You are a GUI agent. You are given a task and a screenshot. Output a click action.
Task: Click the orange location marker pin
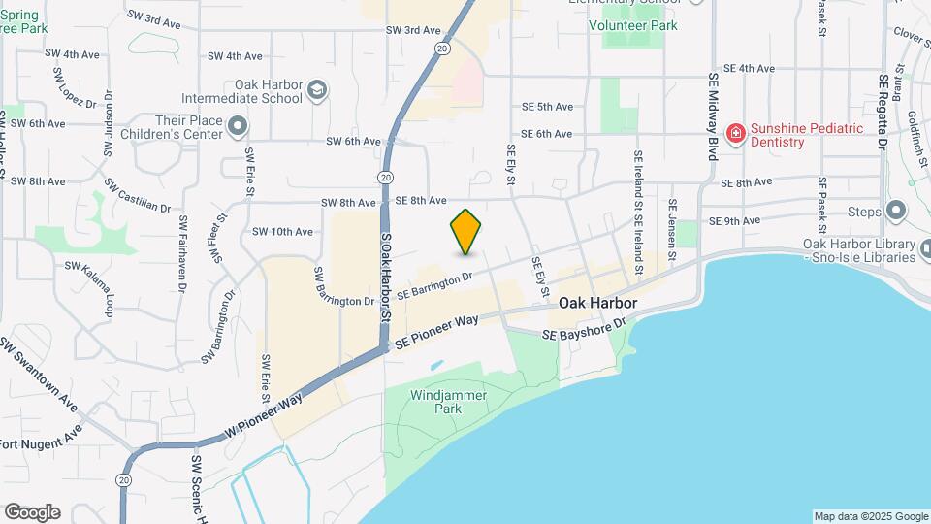click(x=466, y=231)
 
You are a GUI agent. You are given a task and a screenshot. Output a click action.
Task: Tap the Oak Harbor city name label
click(x=597, y=304)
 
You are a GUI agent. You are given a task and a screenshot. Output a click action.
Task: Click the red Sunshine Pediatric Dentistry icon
click(x=736, y=133)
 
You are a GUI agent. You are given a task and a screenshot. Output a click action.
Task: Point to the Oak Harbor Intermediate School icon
click(x=316, y=91)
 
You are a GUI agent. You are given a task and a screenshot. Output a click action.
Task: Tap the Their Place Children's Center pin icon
click(x=238, y=126)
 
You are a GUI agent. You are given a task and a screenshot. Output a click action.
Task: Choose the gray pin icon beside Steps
click(x=896, y=211)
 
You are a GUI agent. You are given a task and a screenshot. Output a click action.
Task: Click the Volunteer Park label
click(x=633, y=26)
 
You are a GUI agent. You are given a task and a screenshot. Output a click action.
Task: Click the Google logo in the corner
click(x=32, y=512)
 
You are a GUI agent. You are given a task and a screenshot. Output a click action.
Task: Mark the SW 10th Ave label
click(x=282, y=232)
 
